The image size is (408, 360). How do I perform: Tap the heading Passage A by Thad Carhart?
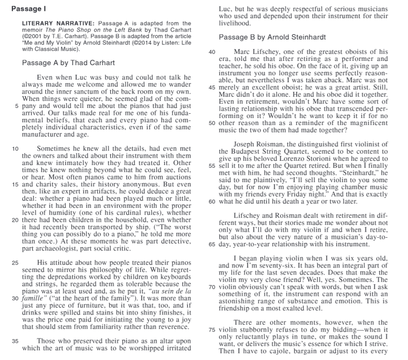click(68, 62)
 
